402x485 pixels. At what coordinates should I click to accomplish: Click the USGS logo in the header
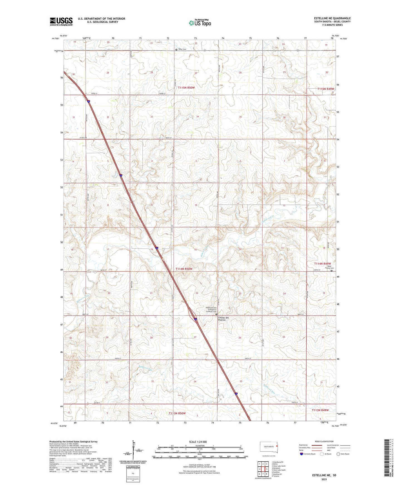pos(61,21)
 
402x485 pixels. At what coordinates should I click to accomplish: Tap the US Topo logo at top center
pos(200,22)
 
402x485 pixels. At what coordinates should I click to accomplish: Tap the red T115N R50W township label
pos(186,87)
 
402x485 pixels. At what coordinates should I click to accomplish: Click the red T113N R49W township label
pos(320,410)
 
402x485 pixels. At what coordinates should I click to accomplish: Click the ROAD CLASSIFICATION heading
pos(324,441)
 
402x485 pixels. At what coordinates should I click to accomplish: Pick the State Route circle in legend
pos(338,454)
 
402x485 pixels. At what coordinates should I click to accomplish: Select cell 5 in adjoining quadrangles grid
pos(267,469)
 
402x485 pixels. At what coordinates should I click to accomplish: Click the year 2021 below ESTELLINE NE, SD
pos(324,479)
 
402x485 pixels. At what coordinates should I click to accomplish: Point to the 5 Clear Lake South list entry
pos(278,470)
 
